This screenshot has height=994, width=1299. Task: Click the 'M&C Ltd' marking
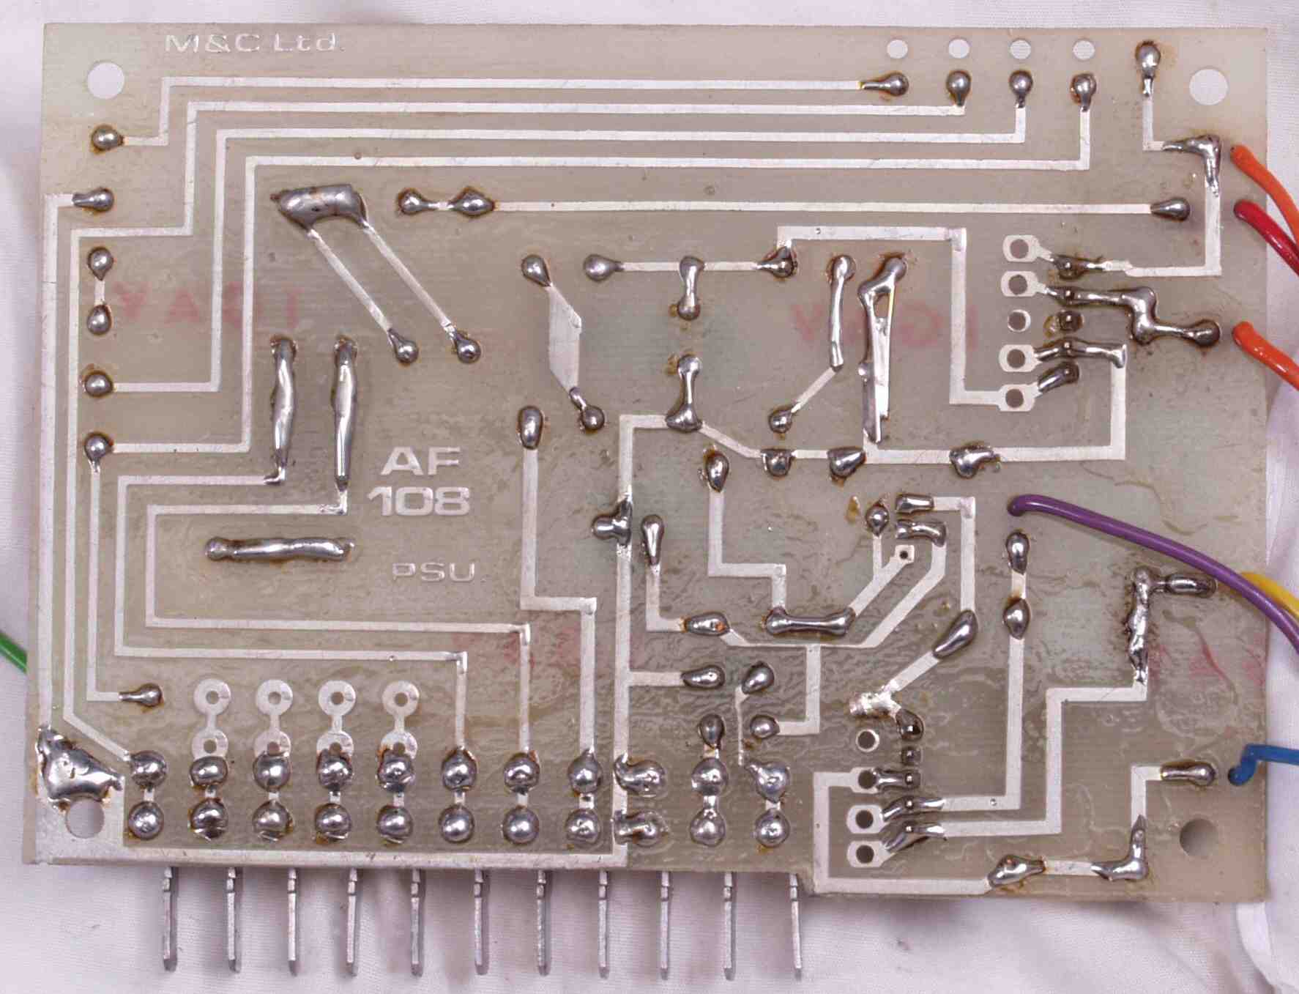pos(251,42)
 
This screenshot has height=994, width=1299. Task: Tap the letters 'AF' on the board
pos(420,461)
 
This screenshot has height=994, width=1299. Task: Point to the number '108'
pos(418,502)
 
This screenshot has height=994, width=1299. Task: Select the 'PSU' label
pos(433,571)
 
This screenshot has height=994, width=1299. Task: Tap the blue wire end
pos(1245,765)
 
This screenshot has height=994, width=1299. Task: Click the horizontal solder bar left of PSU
pos(278,549)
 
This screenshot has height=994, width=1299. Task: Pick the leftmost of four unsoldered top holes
pos(897,49)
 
